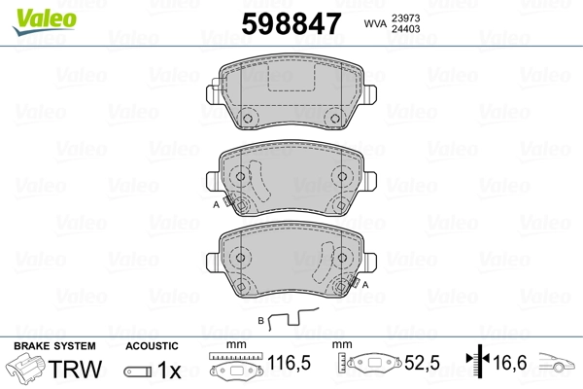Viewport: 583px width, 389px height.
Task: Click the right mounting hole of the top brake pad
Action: pos(336,120)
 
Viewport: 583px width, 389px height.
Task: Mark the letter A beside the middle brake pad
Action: pos(216,205)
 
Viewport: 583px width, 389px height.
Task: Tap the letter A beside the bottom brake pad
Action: pos(366,284)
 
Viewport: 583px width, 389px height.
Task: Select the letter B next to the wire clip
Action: pos(260,319)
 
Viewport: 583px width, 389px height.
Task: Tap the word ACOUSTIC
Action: pos(152,345)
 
